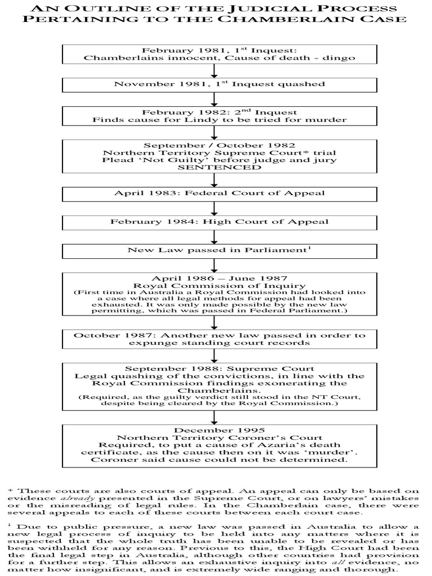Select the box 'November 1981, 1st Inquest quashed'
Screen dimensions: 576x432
coord(219,84)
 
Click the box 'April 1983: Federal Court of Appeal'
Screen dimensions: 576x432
coord(219,193)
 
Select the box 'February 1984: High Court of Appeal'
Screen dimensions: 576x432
coord(219,222)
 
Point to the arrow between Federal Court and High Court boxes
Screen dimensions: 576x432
coord(214,208)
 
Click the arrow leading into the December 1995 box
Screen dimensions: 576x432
coord(214,416)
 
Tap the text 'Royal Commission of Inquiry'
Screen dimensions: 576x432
coord(219,285)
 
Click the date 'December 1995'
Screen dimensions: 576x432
coord(219,429)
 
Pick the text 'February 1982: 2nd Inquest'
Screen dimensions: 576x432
coord(219,112)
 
